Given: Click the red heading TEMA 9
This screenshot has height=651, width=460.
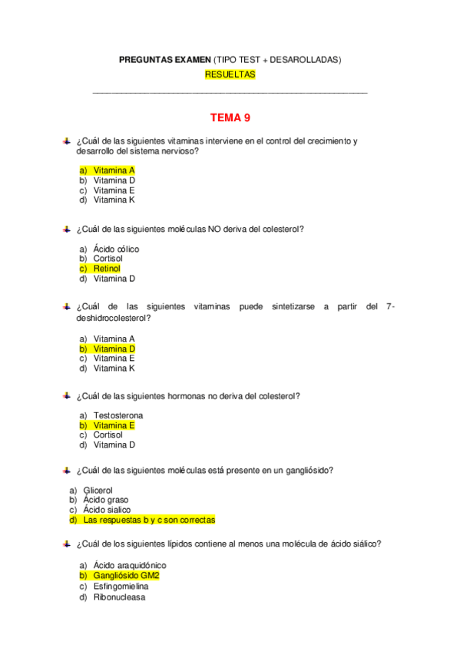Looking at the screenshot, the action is tap(230, 117).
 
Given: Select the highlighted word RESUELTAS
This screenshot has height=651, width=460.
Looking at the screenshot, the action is tap(230, 74).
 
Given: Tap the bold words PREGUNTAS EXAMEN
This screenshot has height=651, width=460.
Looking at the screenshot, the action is tap(160, 60).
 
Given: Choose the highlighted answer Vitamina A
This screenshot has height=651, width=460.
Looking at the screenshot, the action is tap(114, 170).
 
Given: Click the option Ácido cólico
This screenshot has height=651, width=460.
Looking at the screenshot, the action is tap(116, 249).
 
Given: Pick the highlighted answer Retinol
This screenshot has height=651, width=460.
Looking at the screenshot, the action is tap(107, 269).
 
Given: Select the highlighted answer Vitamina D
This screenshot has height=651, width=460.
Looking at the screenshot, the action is tap(114, 349).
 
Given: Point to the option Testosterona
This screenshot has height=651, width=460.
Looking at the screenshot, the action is tap(118, 415).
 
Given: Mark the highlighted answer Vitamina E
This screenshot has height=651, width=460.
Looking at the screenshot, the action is tap(114, 425).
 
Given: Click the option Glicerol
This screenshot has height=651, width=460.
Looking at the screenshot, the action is tap(98, 490).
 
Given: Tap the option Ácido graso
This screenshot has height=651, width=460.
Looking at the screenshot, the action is tap(106, 500).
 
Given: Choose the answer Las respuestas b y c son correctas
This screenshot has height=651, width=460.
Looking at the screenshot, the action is tap(149, 520).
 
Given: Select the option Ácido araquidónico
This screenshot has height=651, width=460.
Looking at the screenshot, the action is tap(130, 565).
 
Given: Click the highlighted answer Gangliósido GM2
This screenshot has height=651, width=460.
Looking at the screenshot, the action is tap(126, 575).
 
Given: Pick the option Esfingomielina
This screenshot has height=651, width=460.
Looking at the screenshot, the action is tap(121, 587).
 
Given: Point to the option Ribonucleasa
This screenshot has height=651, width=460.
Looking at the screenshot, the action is tap(119, 597).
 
